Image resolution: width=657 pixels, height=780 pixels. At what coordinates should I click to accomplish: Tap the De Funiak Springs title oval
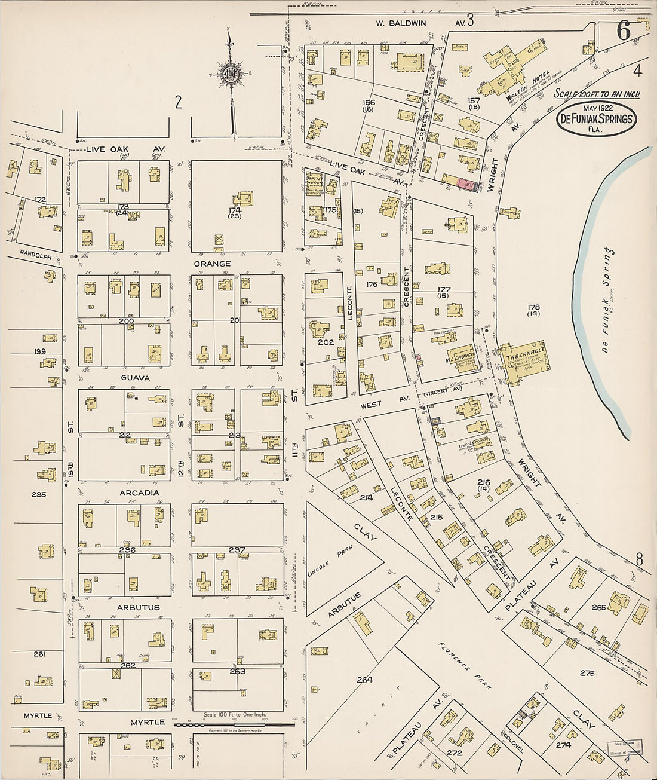pyautogui.click(x=595, y=120)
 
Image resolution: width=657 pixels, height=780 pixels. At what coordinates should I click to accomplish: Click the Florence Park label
pyautogui.click(x=463, y=666)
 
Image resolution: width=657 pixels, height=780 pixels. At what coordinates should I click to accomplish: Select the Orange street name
pyautogui.click(x=212, y=264)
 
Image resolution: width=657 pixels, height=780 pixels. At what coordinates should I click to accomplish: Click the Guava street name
pyautogui.click(x=136, y=378)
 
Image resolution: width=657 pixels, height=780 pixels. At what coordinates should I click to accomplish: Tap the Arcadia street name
pyautogui.click(x=139, y=493)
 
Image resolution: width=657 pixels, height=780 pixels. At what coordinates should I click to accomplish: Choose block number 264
pyautogui.click(x=364, y=680)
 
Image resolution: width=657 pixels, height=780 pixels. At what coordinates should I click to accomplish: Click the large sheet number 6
pyautogui.click(x=623, y=32)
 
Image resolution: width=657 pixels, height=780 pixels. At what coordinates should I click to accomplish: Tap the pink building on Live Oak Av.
pyautogui.click(x=464, y=185)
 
